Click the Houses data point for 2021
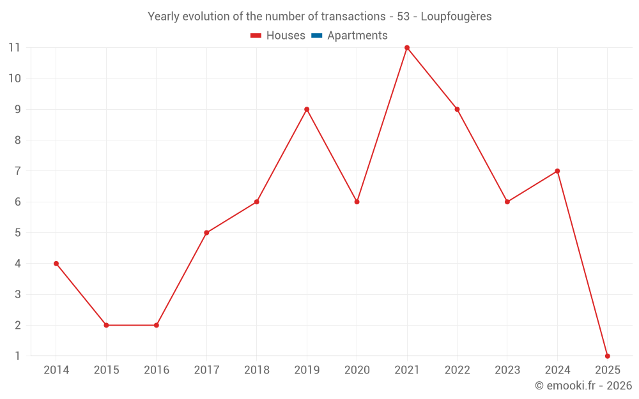(407, 48)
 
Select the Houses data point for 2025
(607, 356)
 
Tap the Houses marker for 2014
(56, 264)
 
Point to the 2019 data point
(307, 109)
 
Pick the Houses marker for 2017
(206, 233)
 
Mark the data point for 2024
(557, 171)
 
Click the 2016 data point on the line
(157, 325)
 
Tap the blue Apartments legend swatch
(317, 36)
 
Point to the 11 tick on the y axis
(14, 48)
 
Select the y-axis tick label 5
(17, 233)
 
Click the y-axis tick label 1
(17, 356)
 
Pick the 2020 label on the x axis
(357, 370)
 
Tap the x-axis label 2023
(507, 370)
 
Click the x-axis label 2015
(106, 370)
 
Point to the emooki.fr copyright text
(583, 386)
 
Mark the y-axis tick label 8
(17, 140)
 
